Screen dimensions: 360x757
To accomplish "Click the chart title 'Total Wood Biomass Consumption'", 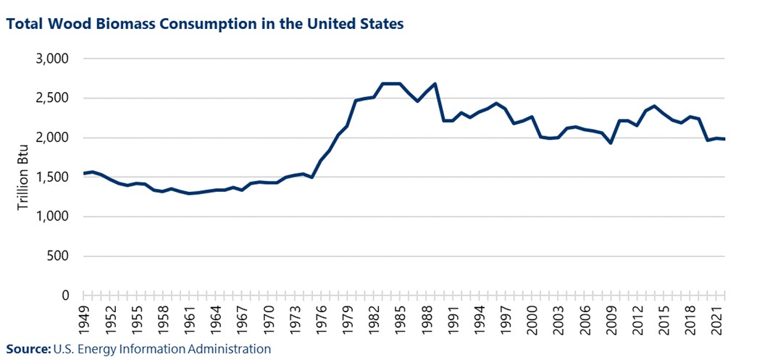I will point(205,24).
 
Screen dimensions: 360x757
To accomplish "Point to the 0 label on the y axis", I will point(65,296).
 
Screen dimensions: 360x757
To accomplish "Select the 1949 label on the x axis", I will point(84,317).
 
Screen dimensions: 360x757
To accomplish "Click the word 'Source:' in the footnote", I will point(28,349).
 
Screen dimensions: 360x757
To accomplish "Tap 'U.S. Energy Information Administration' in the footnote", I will point(162,349).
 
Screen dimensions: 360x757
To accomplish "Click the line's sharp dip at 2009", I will point(611,143).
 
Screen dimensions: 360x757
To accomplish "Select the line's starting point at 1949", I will point(84,173).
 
